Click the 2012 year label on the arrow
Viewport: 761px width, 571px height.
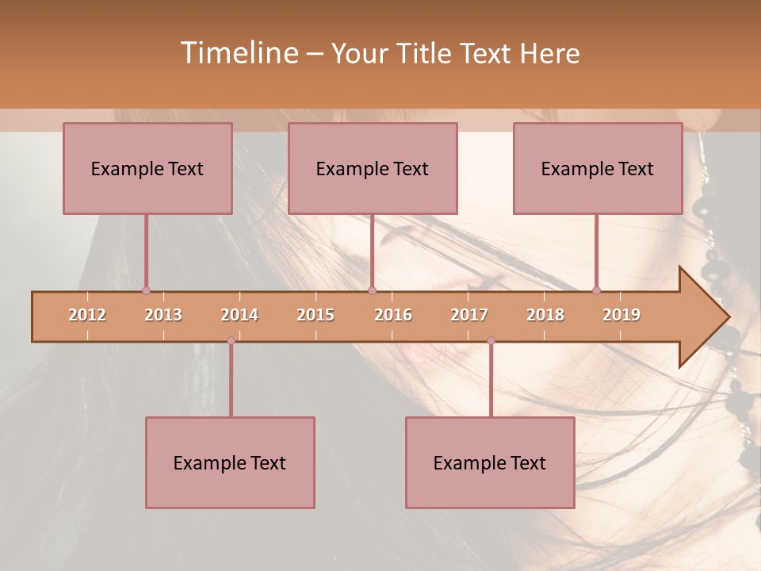pos(87,315)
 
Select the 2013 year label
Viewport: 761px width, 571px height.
pos(163,315)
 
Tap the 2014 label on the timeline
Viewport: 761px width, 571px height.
pos(239,315)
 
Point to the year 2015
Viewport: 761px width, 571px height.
pos(315,315)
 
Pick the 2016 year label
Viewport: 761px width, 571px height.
pos(393,315)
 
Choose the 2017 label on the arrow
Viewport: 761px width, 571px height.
pos(469,315)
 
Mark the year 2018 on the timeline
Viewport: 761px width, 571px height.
pos(545,315)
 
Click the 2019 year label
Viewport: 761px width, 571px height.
pos(621,315)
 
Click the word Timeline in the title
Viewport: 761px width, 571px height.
pos(238,53)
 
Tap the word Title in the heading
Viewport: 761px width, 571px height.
pos(424,53)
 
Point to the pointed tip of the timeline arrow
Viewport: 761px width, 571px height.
pos(728,317)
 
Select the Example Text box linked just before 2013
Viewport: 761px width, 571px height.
pos(147,168)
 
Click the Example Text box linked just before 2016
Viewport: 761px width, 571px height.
pos(373,168)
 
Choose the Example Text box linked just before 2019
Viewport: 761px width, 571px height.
pos(598,168)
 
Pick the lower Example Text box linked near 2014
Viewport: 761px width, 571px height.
pos(230,462)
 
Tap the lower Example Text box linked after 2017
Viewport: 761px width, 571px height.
pos(490,462)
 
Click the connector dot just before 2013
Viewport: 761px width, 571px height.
pos(146,291)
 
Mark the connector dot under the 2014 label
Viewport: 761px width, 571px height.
pos(231,341)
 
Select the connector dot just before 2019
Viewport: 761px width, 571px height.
pos(596,291)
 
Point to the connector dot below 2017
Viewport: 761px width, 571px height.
pos(491,341)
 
